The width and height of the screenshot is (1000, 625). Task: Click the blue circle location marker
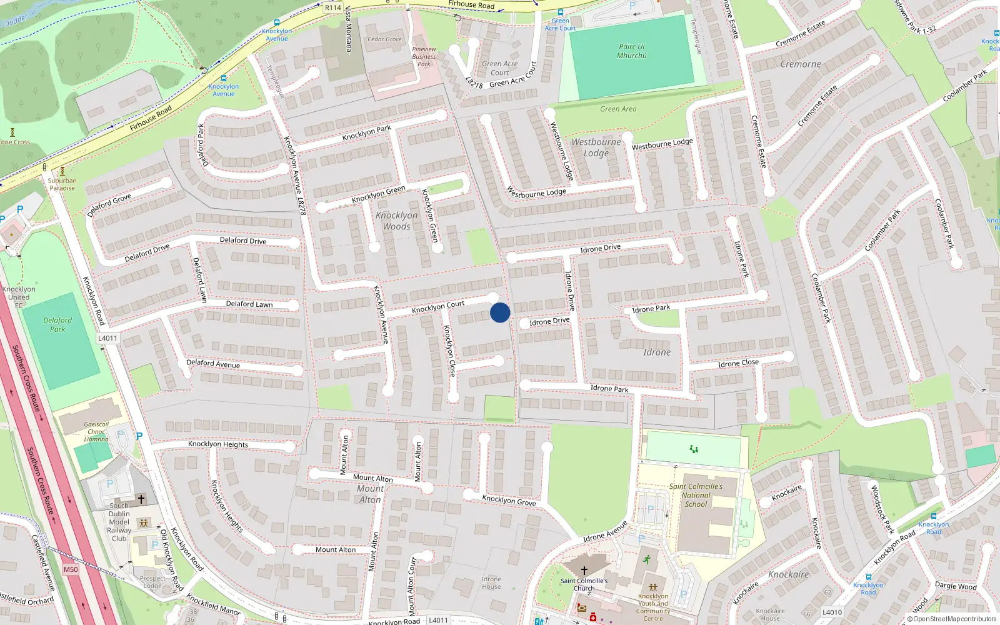[x=500, y=312]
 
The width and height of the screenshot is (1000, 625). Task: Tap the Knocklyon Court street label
[x=438, y=307]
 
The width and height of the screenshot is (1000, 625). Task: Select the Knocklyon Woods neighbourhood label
[x=397, y=221]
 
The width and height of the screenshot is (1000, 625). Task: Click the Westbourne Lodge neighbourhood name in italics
[x=596, y=147]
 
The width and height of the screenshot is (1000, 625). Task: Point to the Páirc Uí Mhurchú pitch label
[x=632, y=51]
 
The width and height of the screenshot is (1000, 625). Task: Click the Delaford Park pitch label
[x=57, y=324]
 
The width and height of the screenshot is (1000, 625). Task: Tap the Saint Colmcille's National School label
[x=696, y=495]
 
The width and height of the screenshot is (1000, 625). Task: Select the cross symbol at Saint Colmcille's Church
[x=584, y=570]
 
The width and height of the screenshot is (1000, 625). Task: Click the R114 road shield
[x=333, y=7]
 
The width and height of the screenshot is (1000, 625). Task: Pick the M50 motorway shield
[x=71, y=569]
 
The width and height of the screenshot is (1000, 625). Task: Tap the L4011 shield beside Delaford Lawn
[x=107, y=338]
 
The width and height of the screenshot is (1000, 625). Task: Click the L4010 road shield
[x=832, y=612]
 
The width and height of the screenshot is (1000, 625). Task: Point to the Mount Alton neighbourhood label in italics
[x=370, y=494]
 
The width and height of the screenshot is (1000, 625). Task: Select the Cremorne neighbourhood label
[x=801, y=64]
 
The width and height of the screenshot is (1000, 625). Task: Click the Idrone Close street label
[x=738, y=363]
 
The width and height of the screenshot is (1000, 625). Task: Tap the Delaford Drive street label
[x=243, y=241]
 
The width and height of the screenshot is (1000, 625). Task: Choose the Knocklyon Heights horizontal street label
[x=218, y=444]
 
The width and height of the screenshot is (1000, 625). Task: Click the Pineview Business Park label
[x=424, y=56]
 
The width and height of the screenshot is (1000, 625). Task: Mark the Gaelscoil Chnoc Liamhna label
[x=96, y=431]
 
